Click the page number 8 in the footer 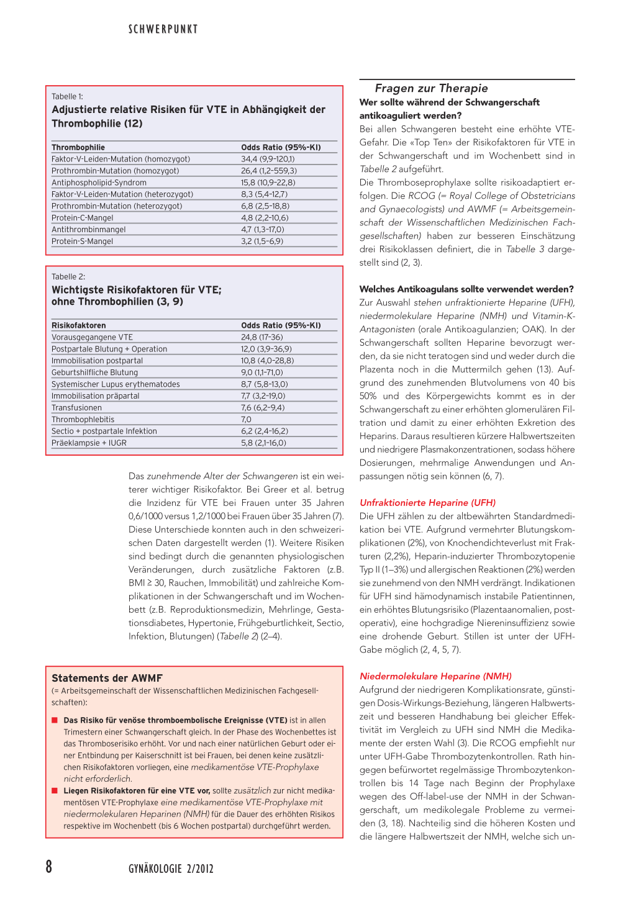coord(49,867)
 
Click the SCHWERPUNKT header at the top coord(163,29)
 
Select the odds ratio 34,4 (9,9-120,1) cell coord(268,159)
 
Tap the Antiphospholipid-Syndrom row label coord(99,183)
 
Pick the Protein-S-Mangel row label coord(82,242)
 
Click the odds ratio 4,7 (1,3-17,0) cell coord(263,230)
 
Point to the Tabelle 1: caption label coord(67,96)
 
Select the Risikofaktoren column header coord(79,325)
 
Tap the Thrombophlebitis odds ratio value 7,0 coord(246,420)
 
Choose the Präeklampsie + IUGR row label coord(89,443)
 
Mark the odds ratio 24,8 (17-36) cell coord(261,337)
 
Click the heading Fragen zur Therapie coord(431,88)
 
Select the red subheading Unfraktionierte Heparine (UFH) coord(427,503)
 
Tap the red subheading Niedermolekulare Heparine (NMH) coord(435,676)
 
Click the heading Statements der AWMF coord(107,678)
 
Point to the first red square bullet coord(55,721)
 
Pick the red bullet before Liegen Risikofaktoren coord(55,791)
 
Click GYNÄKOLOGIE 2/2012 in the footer coord(171,869)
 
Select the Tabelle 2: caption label coord(68,276)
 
